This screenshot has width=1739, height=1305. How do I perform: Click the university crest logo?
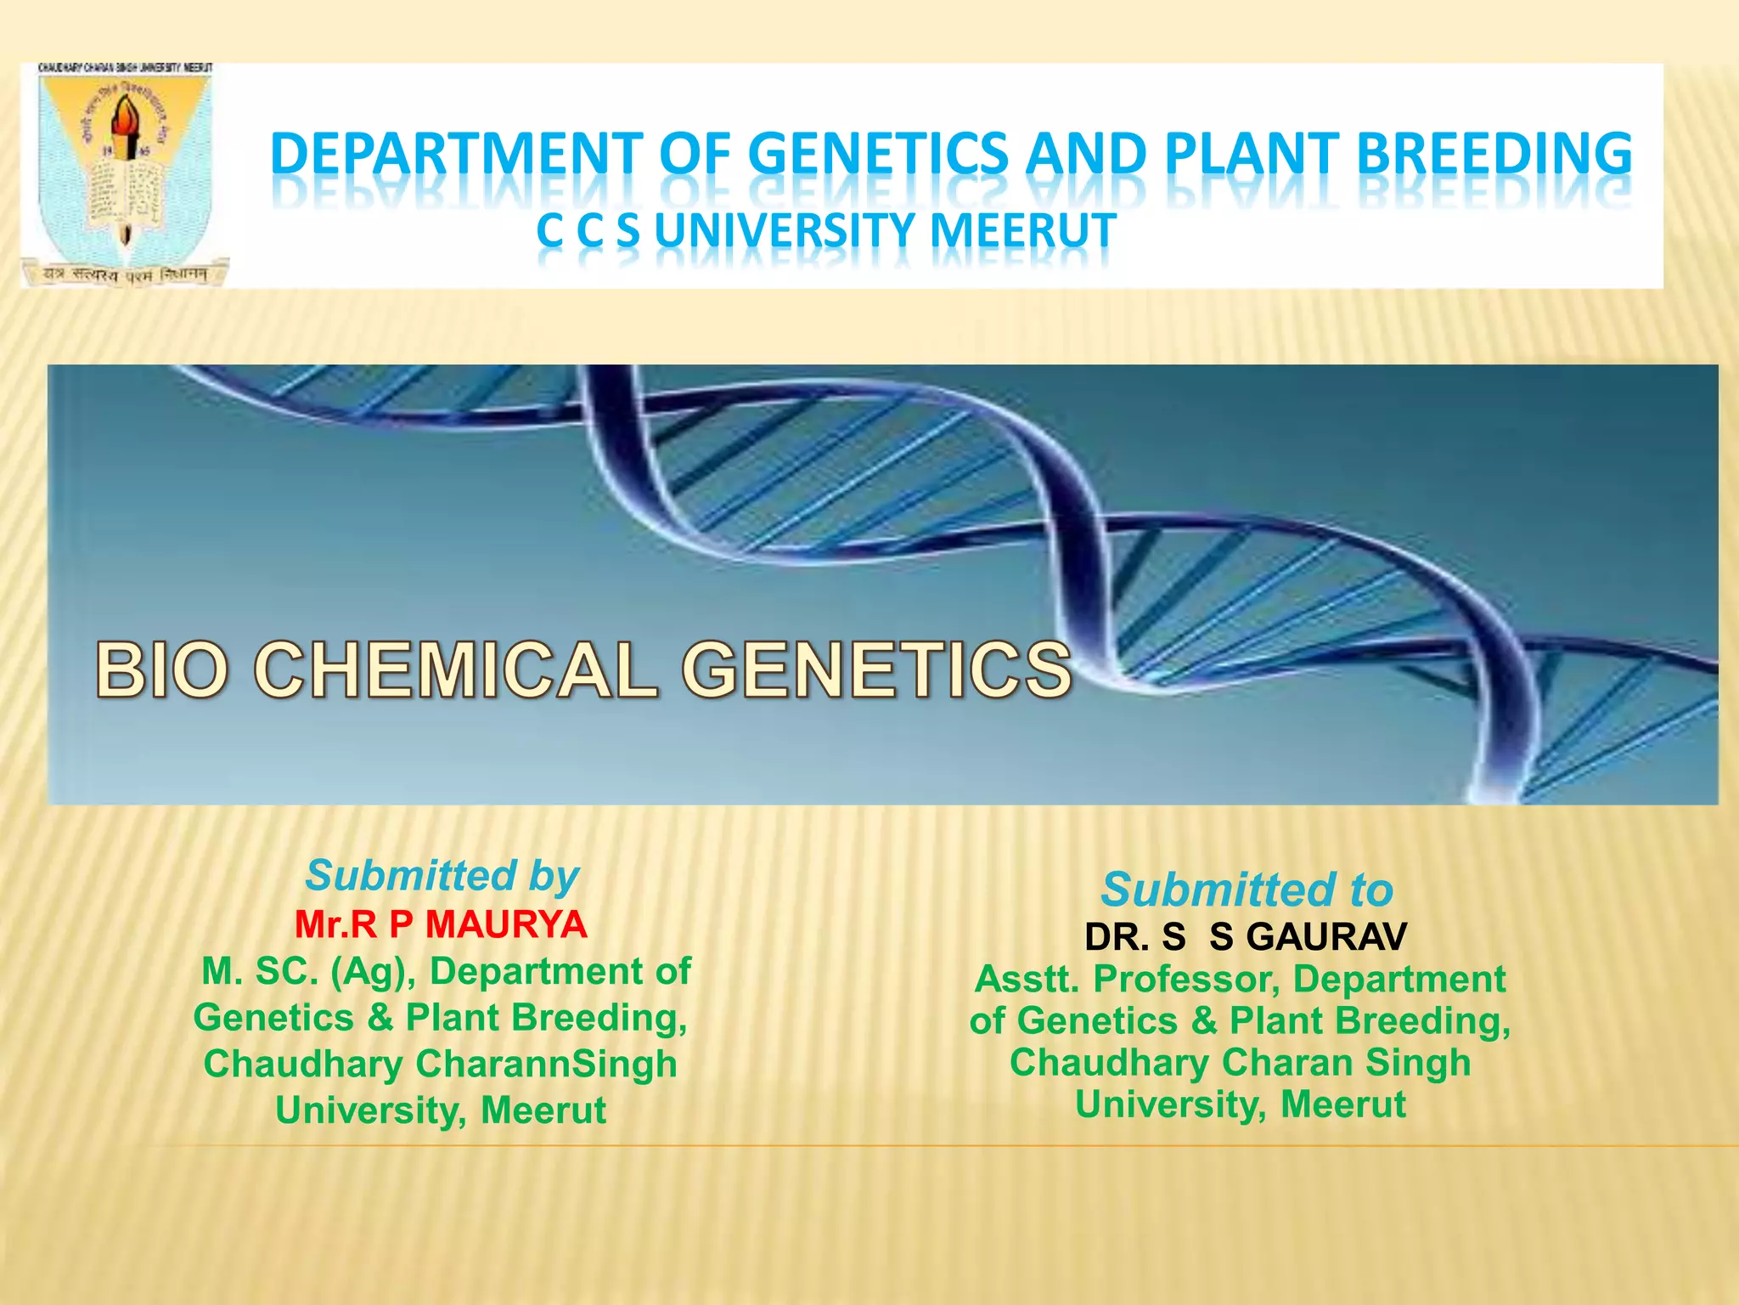[125, 174]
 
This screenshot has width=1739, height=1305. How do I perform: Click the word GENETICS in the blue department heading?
[878, 155]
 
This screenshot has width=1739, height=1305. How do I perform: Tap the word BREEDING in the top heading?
[1494, 155]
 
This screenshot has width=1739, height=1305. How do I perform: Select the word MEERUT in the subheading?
[1023, 231]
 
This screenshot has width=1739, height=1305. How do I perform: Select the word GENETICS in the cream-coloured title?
[877, 670]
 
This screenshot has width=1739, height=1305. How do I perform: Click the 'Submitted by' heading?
[442, 876]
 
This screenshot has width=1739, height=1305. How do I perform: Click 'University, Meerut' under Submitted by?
[441, 1110]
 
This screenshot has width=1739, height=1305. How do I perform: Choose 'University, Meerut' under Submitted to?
[1241, 1104]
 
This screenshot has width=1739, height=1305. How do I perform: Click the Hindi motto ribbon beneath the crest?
[125, 274]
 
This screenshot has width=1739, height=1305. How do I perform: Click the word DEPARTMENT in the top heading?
[457, 155]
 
